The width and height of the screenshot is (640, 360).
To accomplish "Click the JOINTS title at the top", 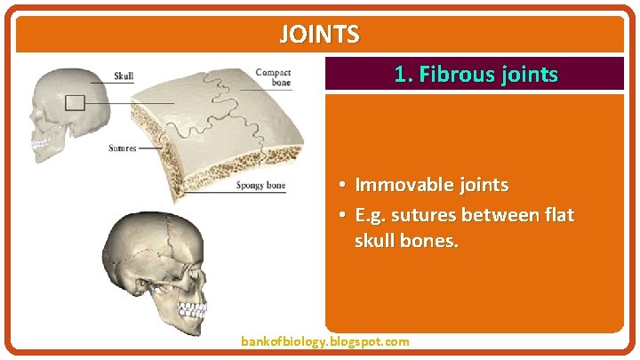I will tap(320, 35).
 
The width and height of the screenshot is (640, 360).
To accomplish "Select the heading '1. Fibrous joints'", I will tap(476, 75).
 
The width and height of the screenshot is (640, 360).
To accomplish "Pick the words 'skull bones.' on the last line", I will tap(406, 241).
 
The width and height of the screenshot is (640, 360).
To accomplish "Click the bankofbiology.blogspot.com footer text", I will tap(325, 341).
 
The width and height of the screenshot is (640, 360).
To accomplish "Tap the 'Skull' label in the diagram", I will tap(124, 76).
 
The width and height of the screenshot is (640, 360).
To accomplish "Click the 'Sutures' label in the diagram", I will tap(123, 148).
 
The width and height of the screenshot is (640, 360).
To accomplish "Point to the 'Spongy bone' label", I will tap(260, 186).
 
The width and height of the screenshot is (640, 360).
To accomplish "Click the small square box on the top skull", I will tap(75, 103).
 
